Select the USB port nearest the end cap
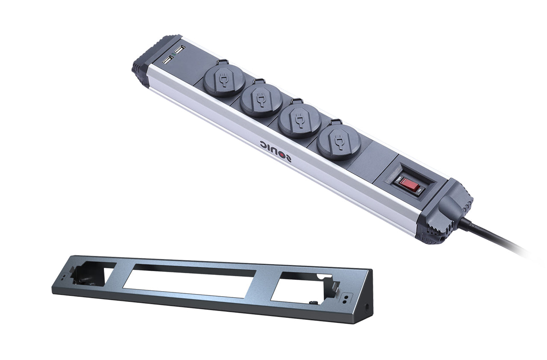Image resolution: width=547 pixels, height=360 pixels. pyautogui.click(x=167, y=60)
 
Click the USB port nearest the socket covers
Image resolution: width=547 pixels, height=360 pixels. pyautogui.click(x=179, y=50)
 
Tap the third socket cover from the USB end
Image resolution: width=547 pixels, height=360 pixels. pyautogui.click(x=299, y=120)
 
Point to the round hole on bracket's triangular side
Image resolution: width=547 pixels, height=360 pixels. pyautogui.click(x=367, y=306)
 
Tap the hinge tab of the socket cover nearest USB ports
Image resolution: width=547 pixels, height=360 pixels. pyautogui.click(x=222, y=62)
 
